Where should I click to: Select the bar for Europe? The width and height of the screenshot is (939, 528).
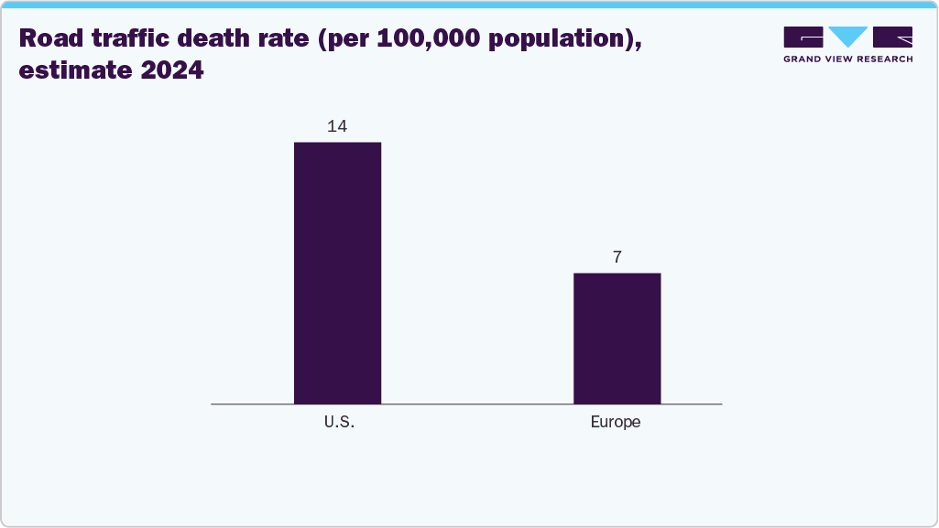click(617, 338)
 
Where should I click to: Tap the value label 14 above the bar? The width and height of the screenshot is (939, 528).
click(337, 126)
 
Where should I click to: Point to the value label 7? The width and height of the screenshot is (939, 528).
click(617, 257)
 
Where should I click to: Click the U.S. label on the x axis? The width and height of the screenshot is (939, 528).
click(338, 423)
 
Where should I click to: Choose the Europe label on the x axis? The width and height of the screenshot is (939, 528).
click(616, 423)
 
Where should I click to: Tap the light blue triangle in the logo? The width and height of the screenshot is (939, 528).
click(847, 38)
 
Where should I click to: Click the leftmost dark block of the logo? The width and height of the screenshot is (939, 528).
click(803, 38)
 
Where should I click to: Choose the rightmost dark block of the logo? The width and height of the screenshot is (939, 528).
click(892, 38)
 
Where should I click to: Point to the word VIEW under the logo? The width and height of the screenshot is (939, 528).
click(847, 59)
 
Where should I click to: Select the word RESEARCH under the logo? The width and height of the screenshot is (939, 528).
click(889, 59)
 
